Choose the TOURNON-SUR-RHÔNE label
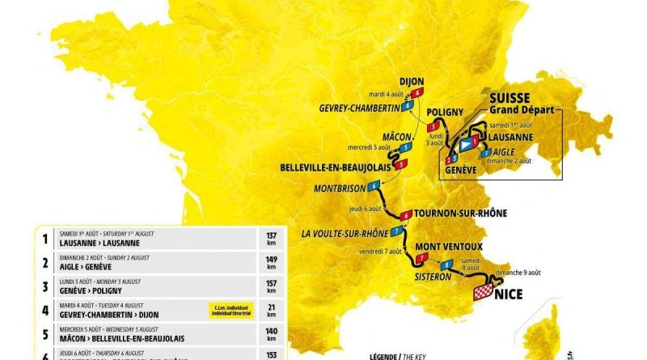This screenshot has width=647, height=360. pyautogui.click(x=460, y=214)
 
